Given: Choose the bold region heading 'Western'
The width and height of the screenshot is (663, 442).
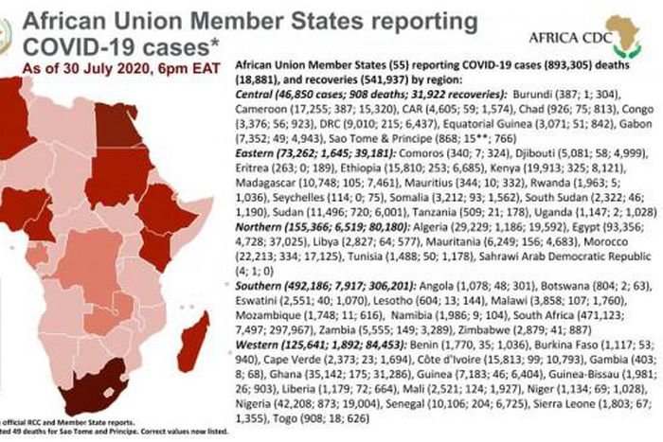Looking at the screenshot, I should pos(259,345).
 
